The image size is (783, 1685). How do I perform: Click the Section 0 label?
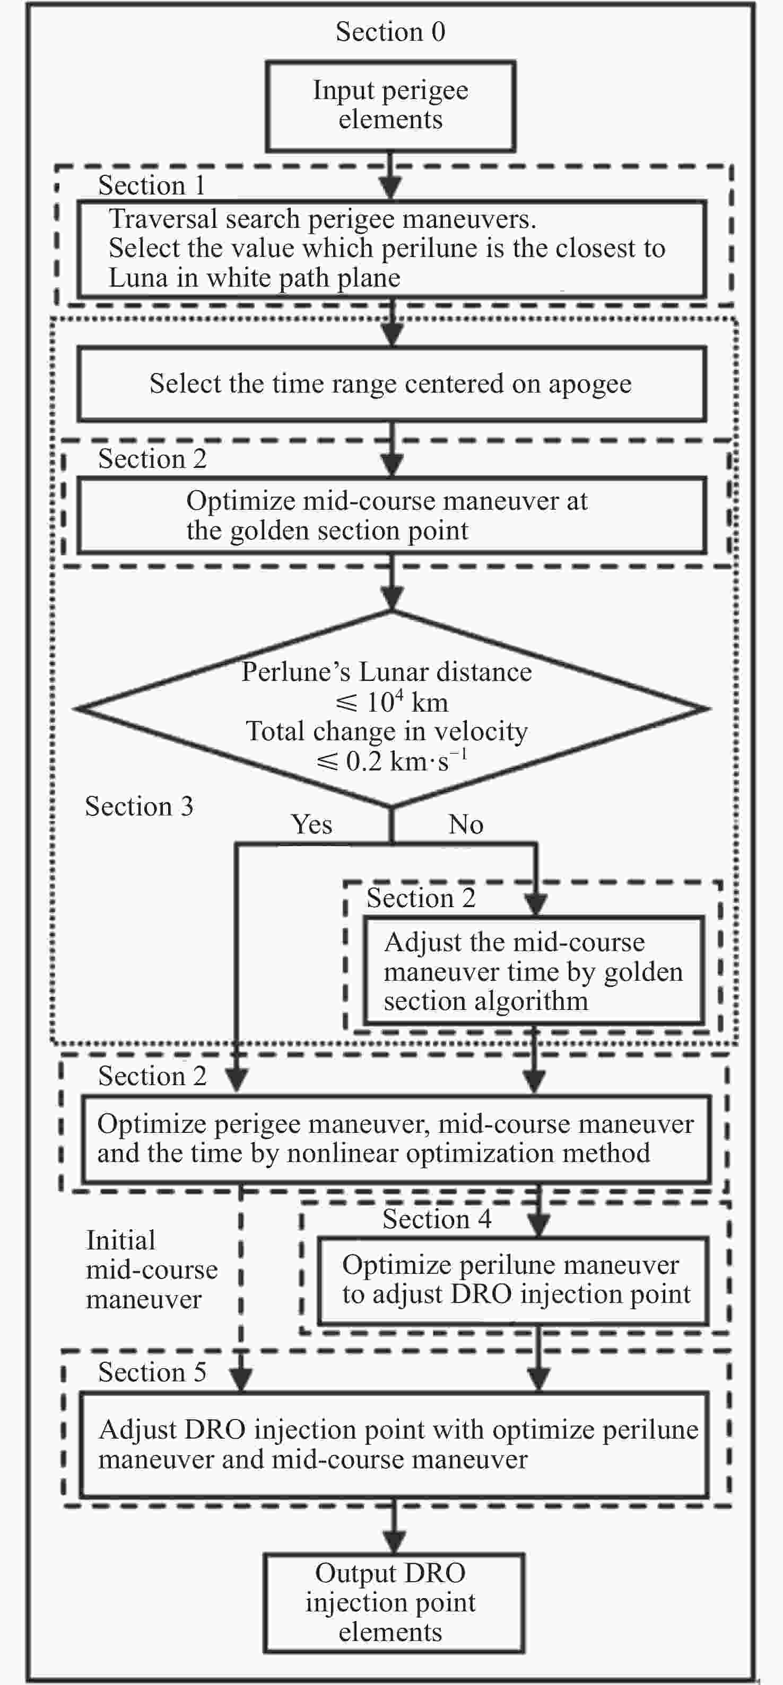[x=390, y=31]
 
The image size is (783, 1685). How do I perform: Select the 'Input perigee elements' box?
[x=390, y=107]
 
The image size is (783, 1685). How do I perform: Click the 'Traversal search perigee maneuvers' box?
[x=391, y=249]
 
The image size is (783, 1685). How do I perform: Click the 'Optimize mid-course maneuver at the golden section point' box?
[x=391, y=516]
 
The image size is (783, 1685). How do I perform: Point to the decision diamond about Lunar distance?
[x=391, y=708]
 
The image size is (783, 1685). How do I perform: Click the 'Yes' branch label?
[x=311, y=824]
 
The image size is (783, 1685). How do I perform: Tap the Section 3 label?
[x=140, y=806]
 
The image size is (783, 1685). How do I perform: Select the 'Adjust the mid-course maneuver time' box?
[x=534, y=971]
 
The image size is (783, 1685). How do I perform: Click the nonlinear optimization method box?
[x=396, y=1139]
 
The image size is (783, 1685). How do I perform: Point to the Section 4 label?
[x=437, y=1219]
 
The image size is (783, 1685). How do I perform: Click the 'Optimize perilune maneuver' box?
[x=514, y=1280]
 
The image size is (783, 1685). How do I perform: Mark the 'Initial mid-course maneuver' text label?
[x=152, y=1270]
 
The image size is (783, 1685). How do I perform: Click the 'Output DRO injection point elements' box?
[x=394, y=1602]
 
